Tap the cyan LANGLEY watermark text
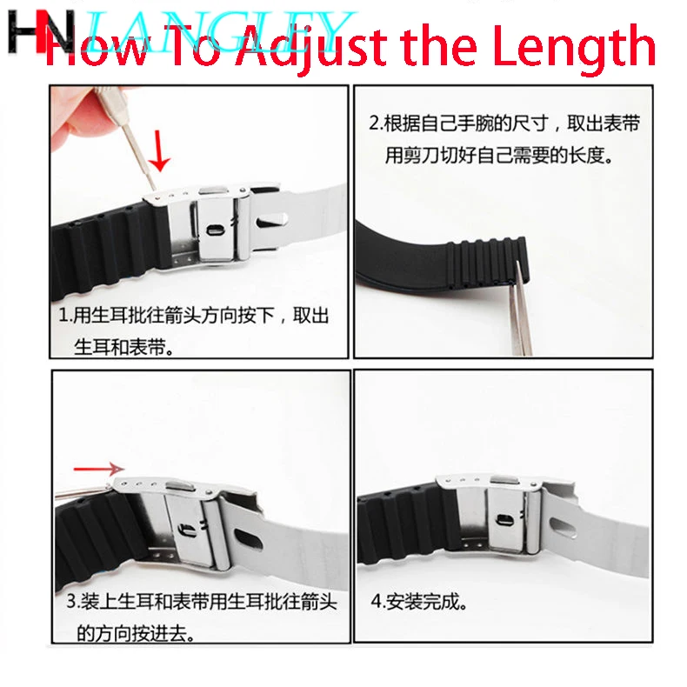pyautogui.click(x=217, y=30)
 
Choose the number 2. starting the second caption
pyautogui.click(x=377, y=123)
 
